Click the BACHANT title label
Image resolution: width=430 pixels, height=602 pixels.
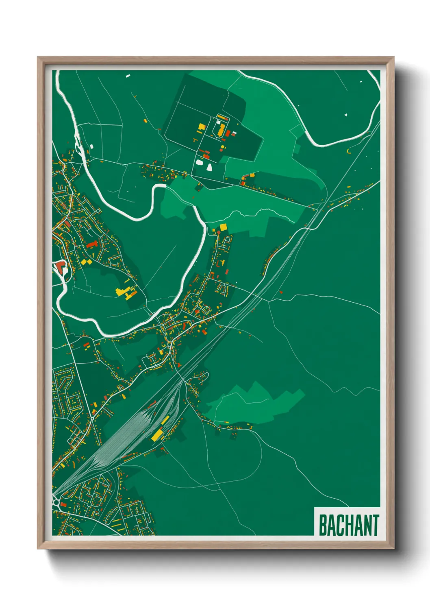click(348, 525)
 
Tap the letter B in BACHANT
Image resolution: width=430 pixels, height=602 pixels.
click(323, 526)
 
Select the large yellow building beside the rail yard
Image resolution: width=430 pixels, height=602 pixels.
click(157, 435)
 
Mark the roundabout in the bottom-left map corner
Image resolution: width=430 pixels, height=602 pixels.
click(56, 503)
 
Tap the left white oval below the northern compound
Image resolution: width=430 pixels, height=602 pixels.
click(200, 162)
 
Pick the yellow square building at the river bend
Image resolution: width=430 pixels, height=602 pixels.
click(223, 227)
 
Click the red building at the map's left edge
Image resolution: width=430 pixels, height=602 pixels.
click(60, 267)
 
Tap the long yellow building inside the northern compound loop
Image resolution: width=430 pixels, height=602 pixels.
click(221, 130)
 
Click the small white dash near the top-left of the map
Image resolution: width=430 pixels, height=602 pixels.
click(128, 76)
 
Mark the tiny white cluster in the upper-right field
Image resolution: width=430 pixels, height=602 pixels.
click(345, 115)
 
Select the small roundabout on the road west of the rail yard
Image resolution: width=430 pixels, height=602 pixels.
click(92, 417)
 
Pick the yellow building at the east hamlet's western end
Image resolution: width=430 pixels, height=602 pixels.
click(252, 175)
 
